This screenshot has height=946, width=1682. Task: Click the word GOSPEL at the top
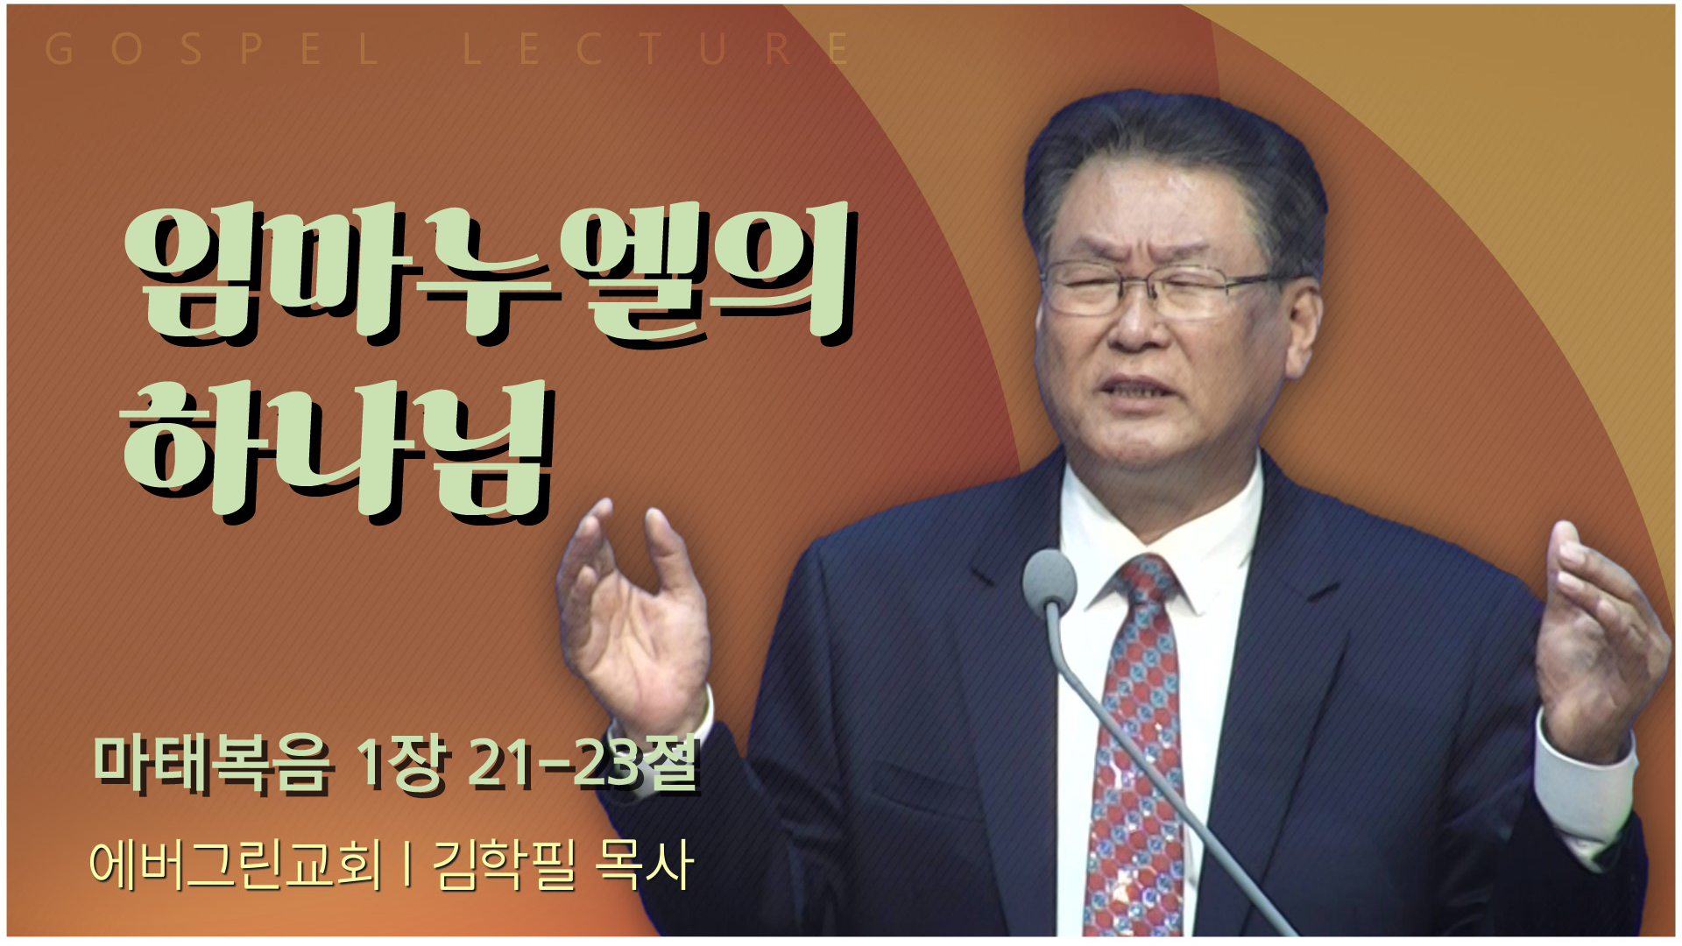coord(212,49)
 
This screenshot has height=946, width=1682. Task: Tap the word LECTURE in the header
coord(656,49)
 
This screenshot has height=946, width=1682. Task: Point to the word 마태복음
coord(213,764)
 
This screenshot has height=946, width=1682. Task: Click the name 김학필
coord(505,865)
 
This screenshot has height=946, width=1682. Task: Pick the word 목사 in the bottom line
coord(644,865)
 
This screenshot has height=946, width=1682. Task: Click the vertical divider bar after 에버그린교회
coord(408,865)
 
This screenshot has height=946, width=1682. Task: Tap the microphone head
coord(1049,579)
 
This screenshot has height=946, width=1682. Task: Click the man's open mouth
coord(1141,392)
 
